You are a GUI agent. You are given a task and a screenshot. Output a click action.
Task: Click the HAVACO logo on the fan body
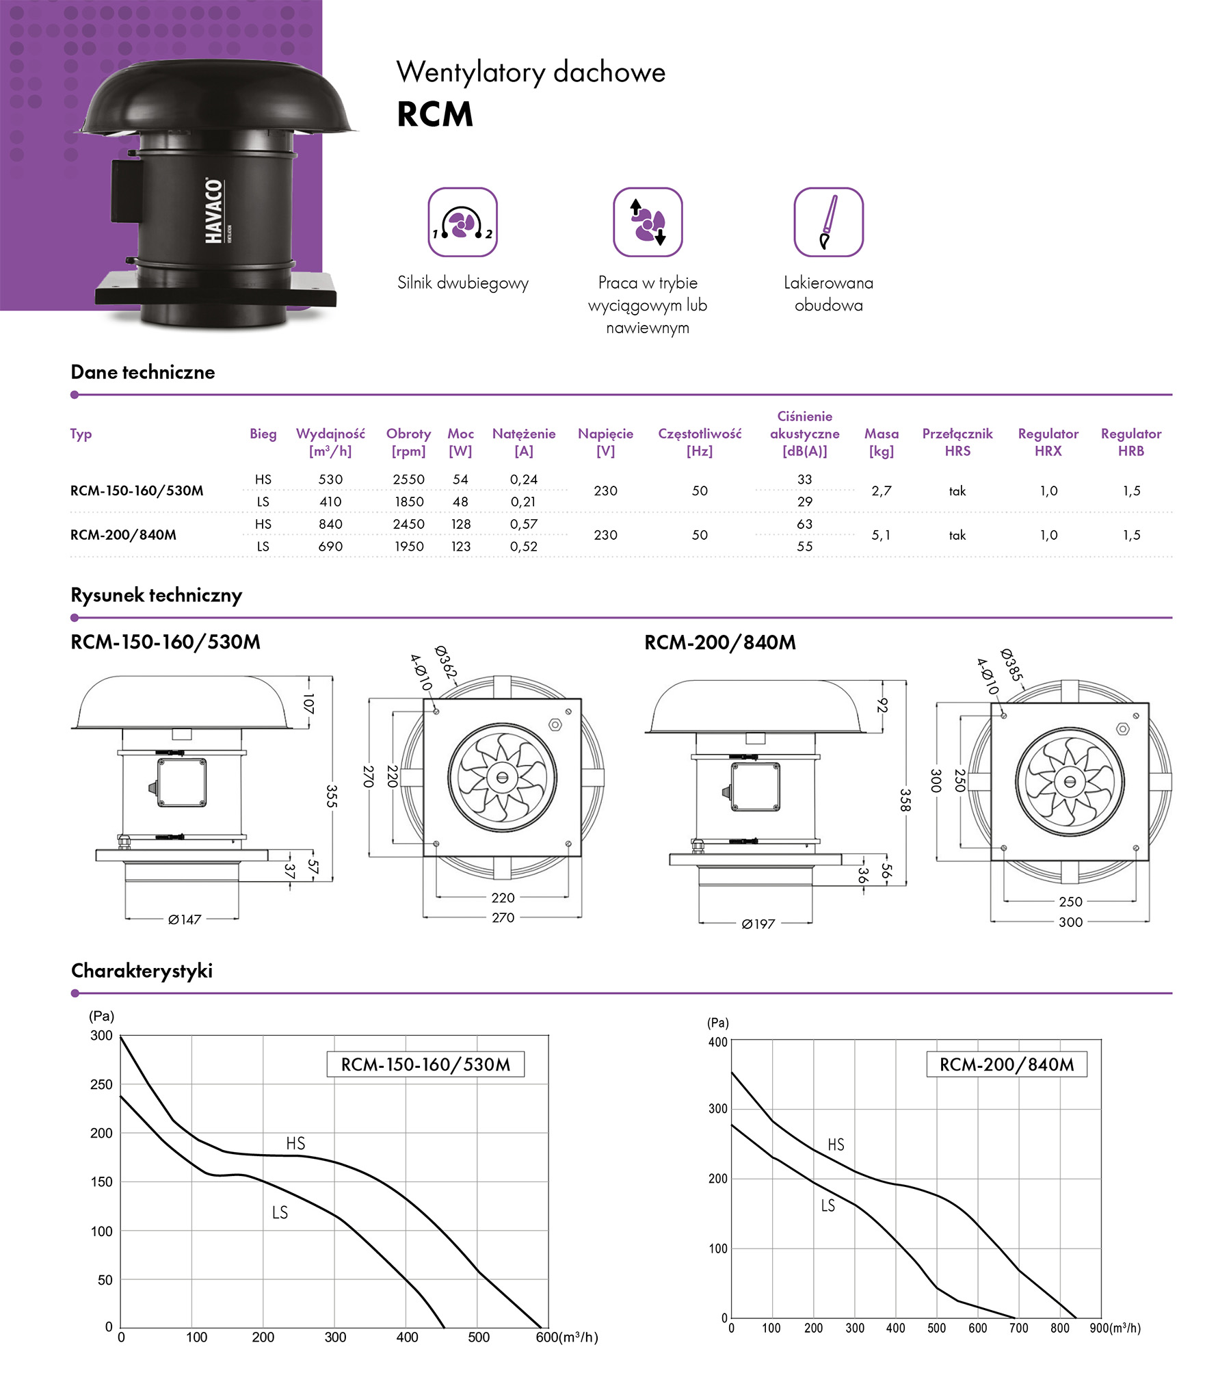point(214,211)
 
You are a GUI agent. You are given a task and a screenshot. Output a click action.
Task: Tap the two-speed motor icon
point(462,222)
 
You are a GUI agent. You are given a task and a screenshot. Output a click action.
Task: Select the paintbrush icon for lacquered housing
point(828,222)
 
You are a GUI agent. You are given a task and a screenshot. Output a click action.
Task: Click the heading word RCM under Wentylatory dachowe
point(435,114)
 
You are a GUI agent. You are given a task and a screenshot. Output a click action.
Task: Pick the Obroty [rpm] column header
point(408,442)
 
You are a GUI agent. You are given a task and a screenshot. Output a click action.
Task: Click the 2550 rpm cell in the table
point(408,480)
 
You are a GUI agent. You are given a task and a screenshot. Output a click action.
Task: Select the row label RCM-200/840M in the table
point(123,535)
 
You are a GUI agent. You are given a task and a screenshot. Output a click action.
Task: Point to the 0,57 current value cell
point(523,524)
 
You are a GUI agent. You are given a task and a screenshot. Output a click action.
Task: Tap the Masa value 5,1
point(881,535)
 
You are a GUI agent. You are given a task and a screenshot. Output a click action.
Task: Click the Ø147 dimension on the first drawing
point(185,919)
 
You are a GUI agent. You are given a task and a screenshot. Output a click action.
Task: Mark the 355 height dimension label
point(332,796)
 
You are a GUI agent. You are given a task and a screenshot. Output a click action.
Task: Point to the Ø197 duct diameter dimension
point(758,924)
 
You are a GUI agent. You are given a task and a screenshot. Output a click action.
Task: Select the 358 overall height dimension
point(905,800)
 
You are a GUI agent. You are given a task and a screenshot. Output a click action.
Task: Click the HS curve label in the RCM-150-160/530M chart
point(295,1143)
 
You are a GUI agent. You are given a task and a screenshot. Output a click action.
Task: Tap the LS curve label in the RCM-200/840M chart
point(828,1205)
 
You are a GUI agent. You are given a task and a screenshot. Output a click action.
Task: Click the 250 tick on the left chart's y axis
point(101,1084)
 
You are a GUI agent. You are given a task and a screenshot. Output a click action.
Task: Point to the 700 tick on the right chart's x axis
point(1018,1328)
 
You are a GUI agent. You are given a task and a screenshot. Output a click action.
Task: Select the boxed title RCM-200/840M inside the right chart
point(1006,1064)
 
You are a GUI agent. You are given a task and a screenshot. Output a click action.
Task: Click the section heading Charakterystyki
point(142,971)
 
